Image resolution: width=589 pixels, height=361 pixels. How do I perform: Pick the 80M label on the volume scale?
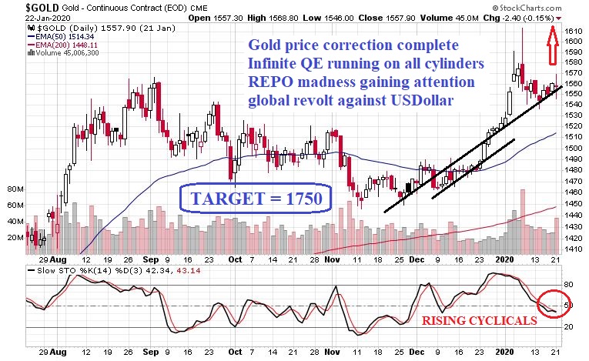tap(15, 189)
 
